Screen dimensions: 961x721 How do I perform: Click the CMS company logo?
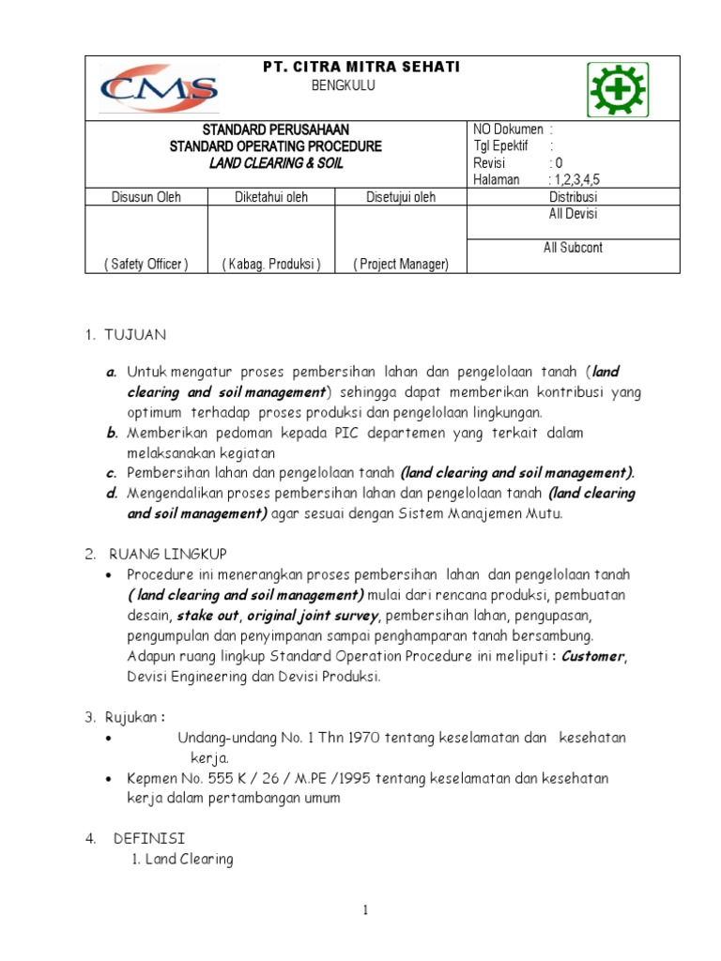click(x=159, y=88)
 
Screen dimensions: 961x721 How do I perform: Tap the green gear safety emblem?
click(x=616, y=90)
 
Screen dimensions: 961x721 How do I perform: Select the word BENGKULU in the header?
click(x=344, y=86)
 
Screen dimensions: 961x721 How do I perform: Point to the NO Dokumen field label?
click(x=509, y=129)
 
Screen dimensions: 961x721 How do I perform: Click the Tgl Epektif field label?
click(x=502, y=145)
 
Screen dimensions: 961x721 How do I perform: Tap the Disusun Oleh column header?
click(x=146, y=197)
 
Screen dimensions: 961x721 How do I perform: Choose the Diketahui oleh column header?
click(x=271, y=197)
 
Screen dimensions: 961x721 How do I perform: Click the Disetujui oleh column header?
click(x=400, y=197)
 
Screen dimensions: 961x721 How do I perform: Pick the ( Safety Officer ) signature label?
click(x=146, y=265)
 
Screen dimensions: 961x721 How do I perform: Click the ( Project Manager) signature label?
click(x=401, y=265)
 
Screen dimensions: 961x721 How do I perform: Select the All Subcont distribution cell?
click(x=573, y=248)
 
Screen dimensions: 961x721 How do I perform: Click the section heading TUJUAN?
click(x=139, y=334)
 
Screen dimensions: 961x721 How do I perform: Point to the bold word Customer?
click(x=592, y=657)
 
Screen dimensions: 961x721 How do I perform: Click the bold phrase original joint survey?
click(x=313, y=616)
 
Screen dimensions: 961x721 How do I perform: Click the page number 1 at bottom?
click(x=365, y=910)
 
